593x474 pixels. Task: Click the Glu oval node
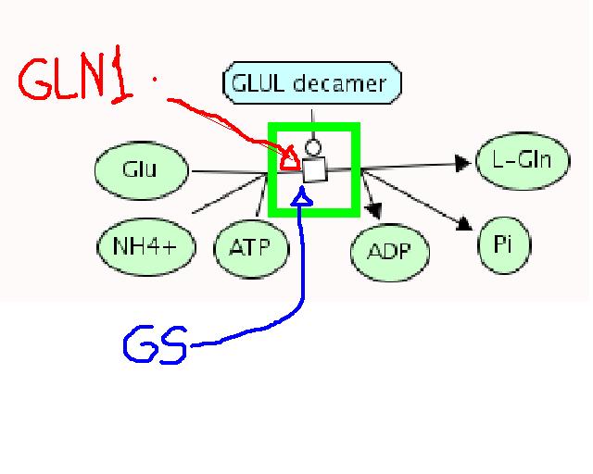pos(139,169)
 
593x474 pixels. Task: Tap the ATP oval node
pos(251,248)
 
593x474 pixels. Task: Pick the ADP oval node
pos(389,251)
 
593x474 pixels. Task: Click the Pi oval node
pos(504,244)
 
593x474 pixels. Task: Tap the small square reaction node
pos(315,169)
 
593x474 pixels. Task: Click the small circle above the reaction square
pos(313,146)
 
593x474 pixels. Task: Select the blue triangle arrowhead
pos(300,197)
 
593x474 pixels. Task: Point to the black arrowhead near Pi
pos(463,222)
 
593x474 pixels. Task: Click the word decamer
pos(345,84)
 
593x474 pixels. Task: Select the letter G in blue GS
pos(138,342)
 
